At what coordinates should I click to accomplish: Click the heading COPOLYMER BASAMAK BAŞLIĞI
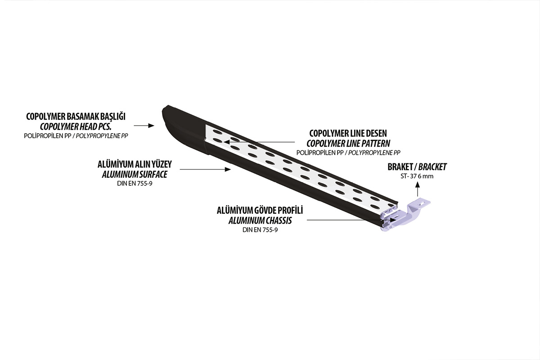(76, 117)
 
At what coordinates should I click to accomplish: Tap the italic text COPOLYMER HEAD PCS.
(76, 126)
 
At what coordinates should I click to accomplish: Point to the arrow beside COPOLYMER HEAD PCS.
(144, 126)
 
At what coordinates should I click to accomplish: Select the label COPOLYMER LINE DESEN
(348, 133)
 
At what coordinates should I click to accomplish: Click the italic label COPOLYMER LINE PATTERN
(348, 144)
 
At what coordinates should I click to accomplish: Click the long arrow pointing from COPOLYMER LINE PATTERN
(259, 142)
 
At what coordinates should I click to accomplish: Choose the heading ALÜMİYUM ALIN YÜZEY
(135, 164)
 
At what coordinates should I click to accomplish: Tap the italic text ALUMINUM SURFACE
(135, 174)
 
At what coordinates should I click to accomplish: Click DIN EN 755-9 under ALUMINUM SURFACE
(135, 184)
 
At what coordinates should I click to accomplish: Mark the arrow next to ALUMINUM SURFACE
(205, 170)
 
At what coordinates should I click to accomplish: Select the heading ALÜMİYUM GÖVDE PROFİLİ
(260, 211)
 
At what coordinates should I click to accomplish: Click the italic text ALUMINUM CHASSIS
(260, 220)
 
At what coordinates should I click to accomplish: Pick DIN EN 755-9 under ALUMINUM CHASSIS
(260, 230)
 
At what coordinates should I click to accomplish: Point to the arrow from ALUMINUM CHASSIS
(351, 220)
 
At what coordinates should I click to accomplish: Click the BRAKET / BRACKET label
(417, 167)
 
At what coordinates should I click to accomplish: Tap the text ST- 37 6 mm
(417, 176)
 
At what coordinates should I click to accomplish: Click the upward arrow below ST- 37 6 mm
(418, 189)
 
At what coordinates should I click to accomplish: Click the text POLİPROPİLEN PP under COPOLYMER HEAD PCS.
(48, 136)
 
